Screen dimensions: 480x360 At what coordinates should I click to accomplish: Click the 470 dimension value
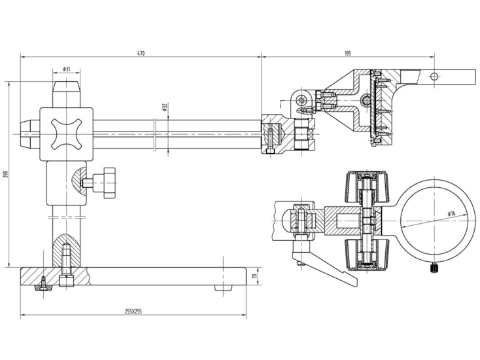click(x=141, y=53)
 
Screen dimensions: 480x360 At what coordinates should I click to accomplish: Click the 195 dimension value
click(x=348, y=53)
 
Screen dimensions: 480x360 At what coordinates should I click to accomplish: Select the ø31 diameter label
click(x=67, y=69)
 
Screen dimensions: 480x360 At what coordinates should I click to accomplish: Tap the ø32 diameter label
click(x=164, y=107)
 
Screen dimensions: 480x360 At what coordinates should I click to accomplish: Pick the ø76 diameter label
click(x=451, y=213)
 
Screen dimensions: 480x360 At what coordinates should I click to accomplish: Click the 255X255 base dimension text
click(x=133, y=312)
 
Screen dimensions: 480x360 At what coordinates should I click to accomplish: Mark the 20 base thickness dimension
click(x=254, y=276)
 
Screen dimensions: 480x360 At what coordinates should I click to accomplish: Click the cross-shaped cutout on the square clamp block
click(x=67, y=134)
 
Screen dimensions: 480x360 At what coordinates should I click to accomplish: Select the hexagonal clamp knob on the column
click(x=105, y=183)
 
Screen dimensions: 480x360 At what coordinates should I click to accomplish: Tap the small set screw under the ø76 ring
click(x=434, y=268)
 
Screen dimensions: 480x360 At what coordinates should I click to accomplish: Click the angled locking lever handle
click(x=325, y=265)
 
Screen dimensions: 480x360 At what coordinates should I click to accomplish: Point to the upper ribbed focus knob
click(x=367, y=187)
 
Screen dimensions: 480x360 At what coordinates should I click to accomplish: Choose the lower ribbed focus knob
click(x=367, y=255)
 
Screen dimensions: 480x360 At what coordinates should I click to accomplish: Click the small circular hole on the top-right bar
click(x=434, y=77)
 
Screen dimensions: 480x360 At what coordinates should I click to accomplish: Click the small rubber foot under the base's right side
click(x=223, y=288)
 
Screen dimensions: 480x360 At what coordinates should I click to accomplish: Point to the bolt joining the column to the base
click(x=66, y=265)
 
